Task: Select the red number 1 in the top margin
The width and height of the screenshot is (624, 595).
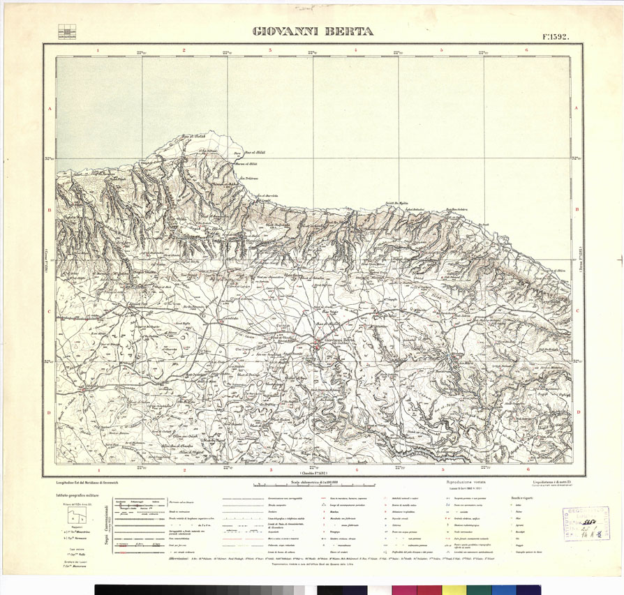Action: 98,50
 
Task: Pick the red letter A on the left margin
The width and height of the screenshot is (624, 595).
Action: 50,109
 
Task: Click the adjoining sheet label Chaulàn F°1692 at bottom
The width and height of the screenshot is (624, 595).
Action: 311,472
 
